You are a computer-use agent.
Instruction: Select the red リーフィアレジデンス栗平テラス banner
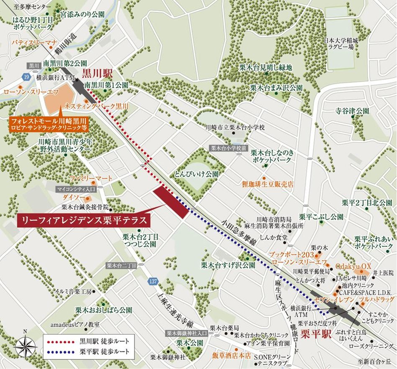(x=83, y=219)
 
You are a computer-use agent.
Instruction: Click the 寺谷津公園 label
(x=352, y=111)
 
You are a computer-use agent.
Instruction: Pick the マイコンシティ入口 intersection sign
(x=76, y=189)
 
